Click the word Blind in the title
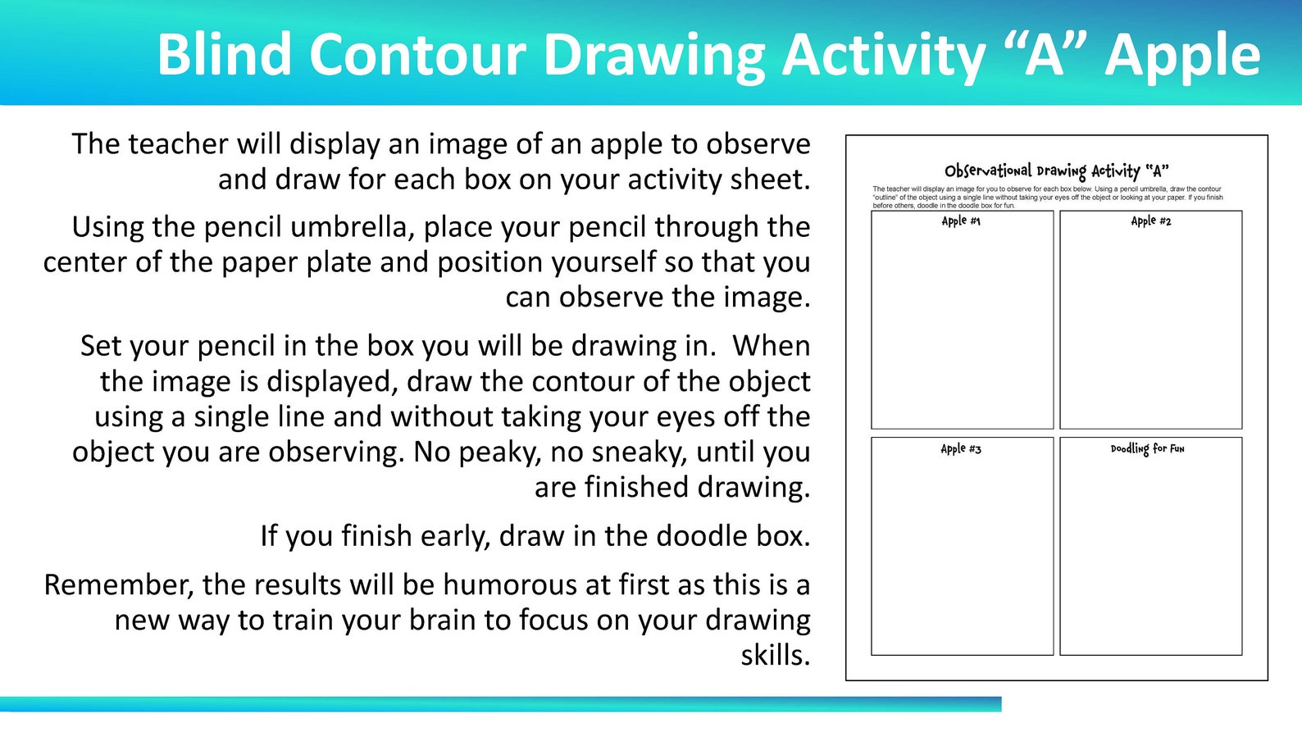click(224, 55)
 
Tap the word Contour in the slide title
click(418, 55)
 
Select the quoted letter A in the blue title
click(1044, 55)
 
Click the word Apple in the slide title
click(1182, 55)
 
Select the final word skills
click(775, 656)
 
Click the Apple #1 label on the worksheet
click(961, 221)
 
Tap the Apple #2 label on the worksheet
click(1150, 221)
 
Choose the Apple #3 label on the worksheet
click(961, 449)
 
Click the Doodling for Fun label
click(1147, 449)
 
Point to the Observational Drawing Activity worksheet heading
click(1056, 171)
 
